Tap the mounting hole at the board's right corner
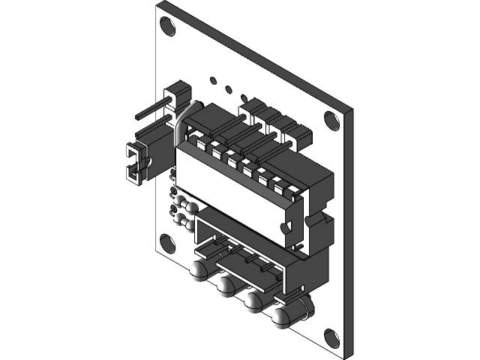tap(331, 119)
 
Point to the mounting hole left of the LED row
tap(167, 243)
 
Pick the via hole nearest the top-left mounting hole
tap(214, 78)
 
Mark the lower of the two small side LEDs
tap(184, 220)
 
